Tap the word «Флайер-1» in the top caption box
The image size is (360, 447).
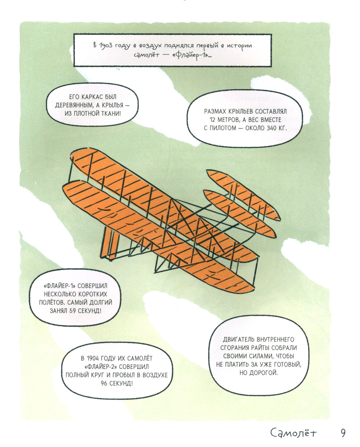191,56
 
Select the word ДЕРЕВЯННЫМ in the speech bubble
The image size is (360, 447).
74,105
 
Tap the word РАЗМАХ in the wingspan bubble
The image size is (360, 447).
215,111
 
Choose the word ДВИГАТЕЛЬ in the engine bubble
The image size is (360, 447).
239,339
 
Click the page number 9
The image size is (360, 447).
343,433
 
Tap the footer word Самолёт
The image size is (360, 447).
293,433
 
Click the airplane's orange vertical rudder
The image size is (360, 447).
110,243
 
